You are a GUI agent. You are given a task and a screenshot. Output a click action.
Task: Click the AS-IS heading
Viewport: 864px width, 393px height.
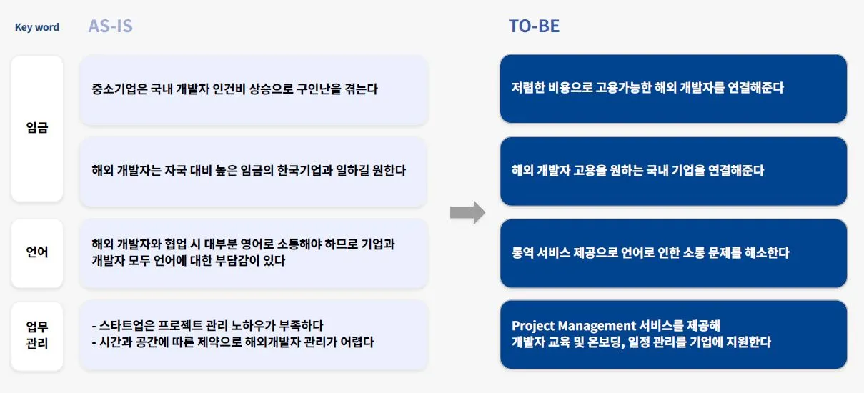[110, 26]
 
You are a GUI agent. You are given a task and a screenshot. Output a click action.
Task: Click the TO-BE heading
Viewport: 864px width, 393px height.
[534, 26]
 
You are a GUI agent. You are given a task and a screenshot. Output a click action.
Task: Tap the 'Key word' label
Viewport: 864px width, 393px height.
[37, 27]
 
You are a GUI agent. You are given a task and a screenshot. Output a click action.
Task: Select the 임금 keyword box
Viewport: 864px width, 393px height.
[37, 129]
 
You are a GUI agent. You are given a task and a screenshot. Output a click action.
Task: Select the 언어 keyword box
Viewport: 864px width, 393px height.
[37, 252]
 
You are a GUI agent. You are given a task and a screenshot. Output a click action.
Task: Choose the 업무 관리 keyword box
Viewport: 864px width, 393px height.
[37, 334]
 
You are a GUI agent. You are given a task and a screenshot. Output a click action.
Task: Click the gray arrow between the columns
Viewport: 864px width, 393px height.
[467, 212]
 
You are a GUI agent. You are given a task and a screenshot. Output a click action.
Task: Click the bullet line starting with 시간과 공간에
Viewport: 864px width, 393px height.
[233, 342]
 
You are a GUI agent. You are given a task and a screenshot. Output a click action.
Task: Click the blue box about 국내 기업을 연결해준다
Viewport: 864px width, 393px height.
[673, 171]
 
